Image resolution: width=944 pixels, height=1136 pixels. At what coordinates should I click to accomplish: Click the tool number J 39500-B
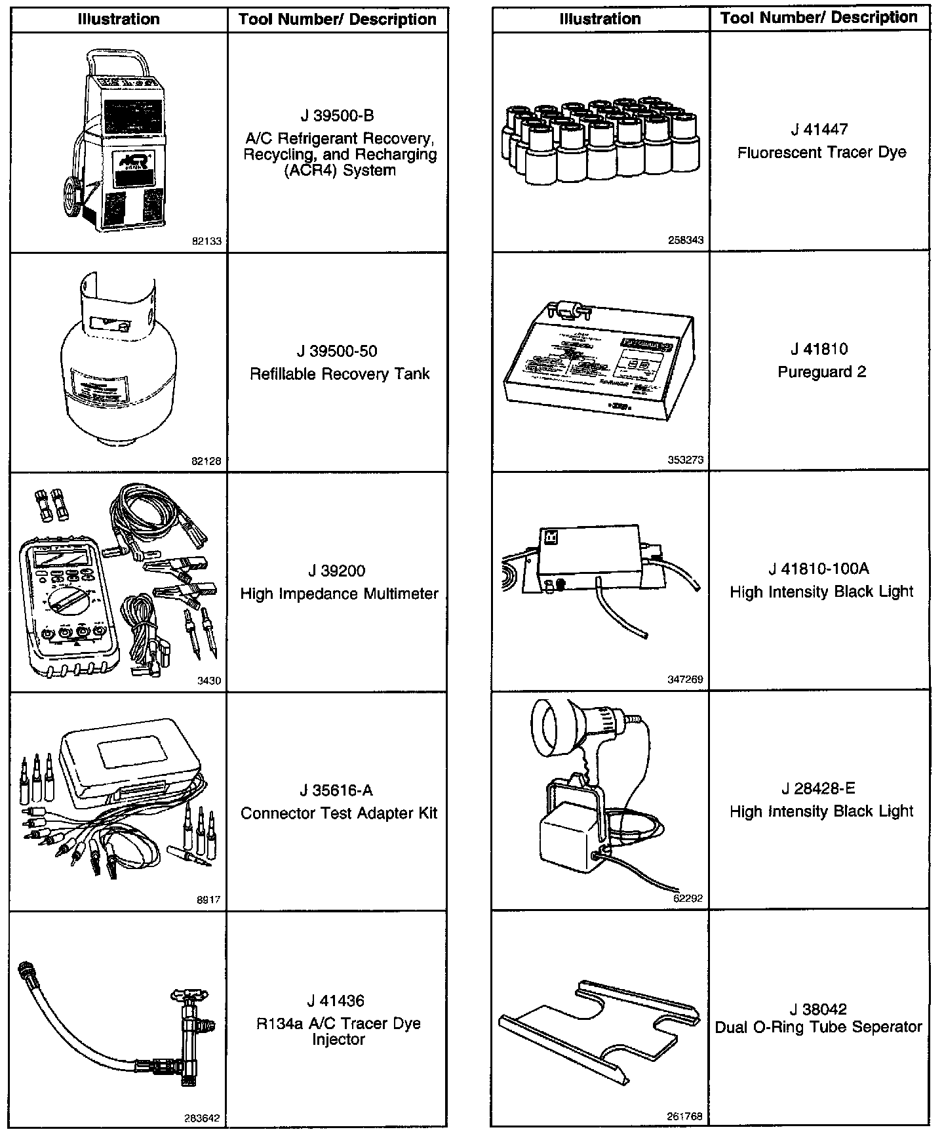click(x=337, y=116)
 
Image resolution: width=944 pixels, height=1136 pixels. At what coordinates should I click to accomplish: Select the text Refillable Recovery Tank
click(x=339, y=374)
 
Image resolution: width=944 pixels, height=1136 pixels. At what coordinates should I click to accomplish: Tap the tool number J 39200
click(x=337, y=571)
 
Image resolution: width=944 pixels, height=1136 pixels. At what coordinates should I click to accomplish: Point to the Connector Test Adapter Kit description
click(x=338, y=813)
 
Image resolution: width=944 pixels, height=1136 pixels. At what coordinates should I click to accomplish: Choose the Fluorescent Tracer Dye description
click(x=821, y=153)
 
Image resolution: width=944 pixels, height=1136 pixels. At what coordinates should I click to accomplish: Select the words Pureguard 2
click(x=821, y=372)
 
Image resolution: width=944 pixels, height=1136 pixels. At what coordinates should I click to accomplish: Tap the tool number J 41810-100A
click(x=819, y=569)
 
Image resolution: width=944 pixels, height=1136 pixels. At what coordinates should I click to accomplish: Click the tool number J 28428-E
click(x=819, y=788)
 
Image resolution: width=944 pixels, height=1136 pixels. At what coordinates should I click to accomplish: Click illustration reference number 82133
click(x=206, y=241)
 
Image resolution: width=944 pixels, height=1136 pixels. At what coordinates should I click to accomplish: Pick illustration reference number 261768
click(x=686, y=1116)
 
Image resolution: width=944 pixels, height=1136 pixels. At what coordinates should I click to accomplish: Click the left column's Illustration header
click(x=119, y=19)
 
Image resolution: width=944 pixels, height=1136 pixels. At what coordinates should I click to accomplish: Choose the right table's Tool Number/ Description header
click(x=819, y=18)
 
